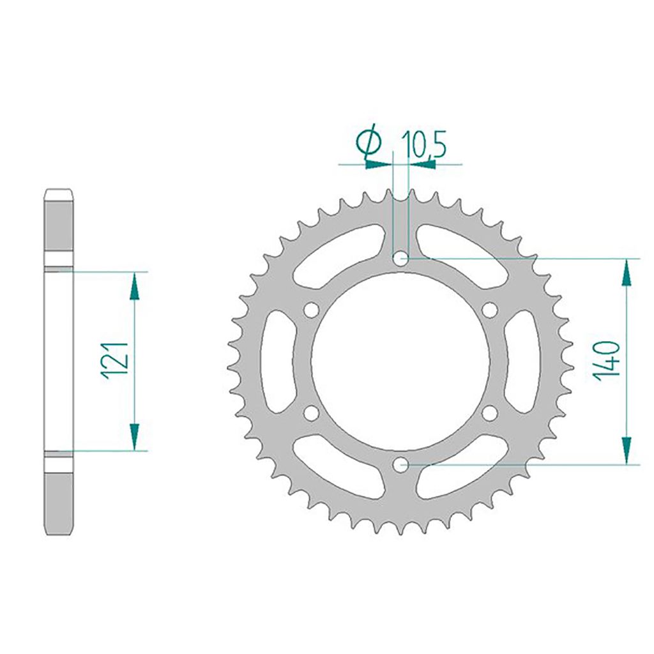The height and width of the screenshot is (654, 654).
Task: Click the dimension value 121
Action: point(115,360)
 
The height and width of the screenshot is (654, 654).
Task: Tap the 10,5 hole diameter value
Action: point(424,144)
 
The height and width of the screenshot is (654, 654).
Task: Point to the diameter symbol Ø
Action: point(369,141)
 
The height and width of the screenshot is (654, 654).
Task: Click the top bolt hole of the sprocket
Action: point(401,259)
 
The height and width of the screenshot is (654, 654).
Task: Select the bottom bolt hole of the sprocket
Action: point(401,464)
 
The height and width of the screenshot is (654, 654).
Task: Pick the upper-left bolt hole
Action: point(311,310)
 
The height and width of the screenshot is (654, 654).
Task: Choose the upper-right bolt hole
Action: point(490,310)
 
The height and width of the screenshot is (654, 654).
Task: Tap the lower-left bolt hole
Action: point(311,413)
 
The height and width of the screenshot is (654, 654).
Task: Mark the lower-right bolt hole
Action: point(490,413)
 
